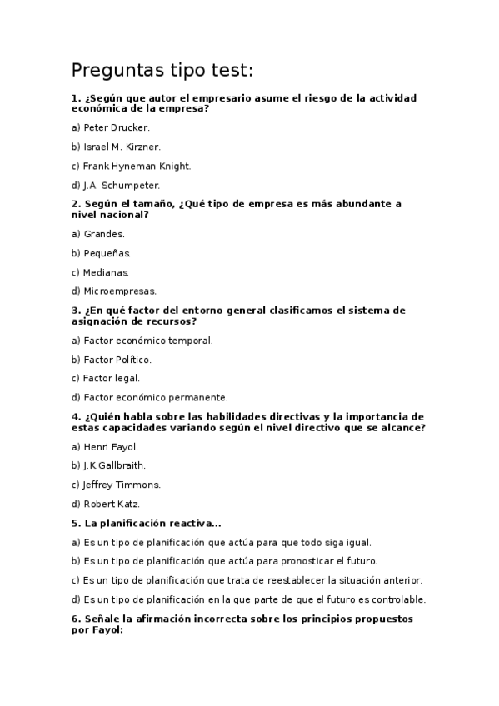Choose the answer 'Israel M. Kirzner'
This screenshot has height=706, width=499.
point(116,147)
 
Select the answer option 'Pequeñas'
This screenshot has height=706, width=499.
point(101,253)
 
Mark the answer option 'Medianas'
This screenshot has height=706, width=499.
point(101,272)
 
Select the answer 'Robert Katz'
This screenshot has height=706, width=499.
point(106,504)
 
